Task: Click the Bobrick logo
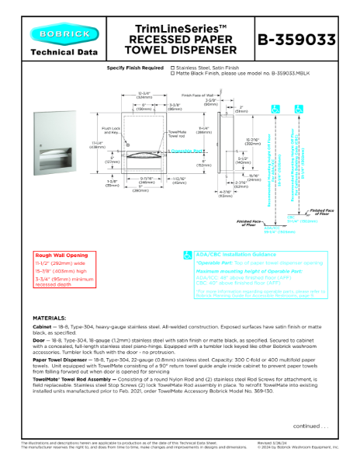pos(64,34)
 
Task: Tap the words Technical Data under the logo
pos(64,53)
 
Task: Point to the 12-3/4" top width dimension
pos(144,94)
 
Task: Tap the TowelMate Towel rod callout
pos(179,134)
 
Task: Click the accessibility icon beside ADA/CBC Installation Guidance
pos(187,254)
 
